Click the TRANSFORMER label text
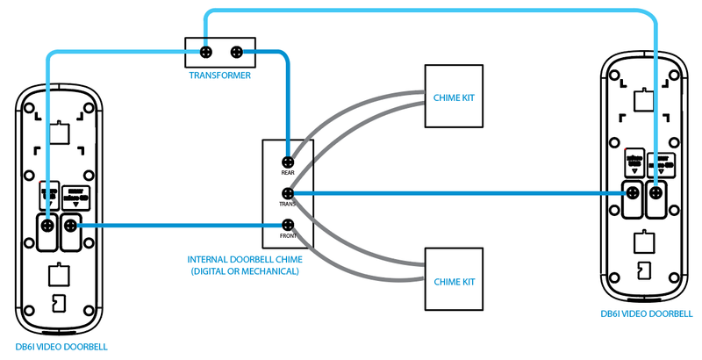[220, 76]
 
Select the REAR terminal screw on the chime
[287, 162]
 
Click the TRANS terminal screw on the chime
[287, 193]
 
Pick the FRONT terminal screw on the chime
[287, 224]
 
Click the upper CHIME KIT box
[455, 97]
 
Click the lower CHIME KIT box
[455, 280]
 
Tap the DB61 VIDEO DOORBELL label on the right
[646, 313]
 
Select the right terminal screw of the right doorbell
[655, 193]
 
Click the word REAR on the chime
[287, 173]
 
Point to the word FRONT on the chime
[287, 235]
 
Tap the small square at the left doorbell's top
[60, 133]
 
